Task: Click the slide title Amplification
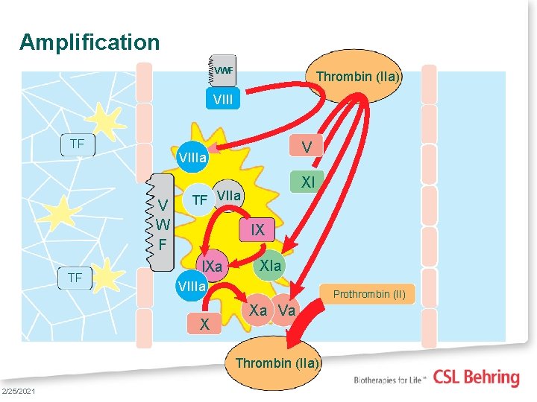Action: [89, 42]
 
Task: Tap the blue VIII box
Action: [222, 98]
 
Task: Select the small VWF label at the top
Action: [223, 71]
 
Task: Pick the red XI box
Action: [307, 182]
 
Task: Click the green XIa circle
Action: [271, 266]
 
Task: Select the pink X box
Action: [204, 325]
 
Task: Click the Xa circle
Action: [258, 310]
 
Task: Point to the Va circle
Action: [287, 310]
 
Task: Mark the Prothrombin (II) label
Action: [369, 294]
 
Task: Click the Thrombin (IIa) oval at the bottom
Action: [277, 363]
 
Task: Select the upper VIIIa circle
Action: [192, 158]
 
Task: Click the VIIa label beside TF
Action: [229, 197]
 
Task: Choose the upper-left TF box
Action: [77, 144]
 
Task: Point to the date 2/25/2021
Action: [17, 392]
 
